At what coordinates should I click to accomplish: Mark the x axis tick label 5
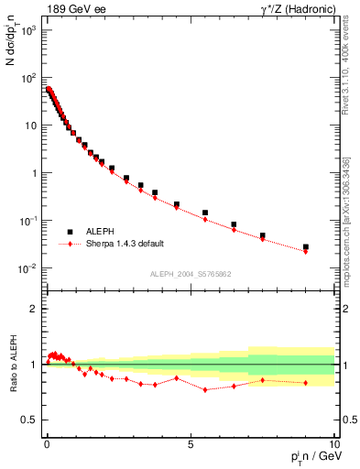click(190, 442)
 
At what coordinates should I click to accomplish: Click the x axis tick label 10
click(333, 442)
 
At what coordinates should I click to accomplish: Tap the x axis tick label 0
click(47, 442)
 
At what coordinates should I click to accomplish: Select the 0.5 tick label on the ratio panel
click(31, 420)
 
